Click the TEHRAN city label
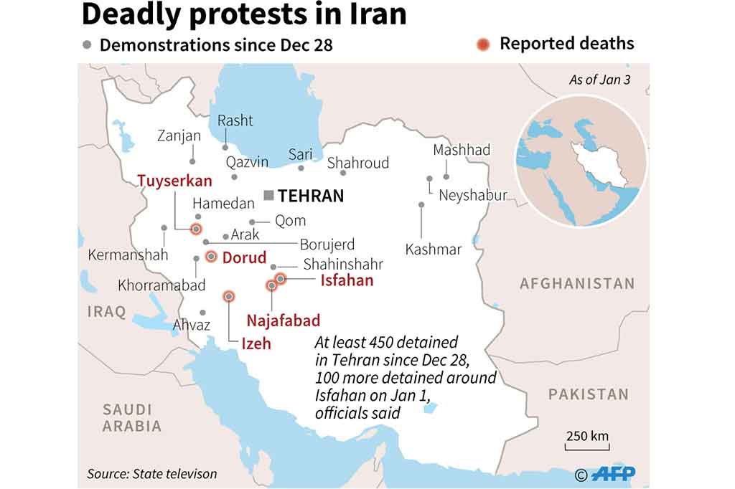(x=311, y=196)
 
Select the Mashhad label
(x=462, y=150)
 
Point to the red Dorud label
(x=244, y=257)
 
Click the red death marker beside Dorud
(x=211, y=257)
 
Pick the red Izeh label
(x=256, y=343)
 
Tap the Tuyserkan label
(x=174, y=180)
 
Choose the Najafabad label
(x=284, y=321)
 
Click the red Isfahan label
(x=347, y=280)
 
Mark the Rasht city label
(x=235, y=120)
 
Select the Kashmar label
(x=434, y=250)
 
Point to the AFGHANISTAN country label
(x=577, y=283)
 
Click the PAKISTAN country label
(x=588, y=394)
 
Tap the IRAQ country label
(x=106, y=311)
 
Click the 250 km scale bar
(x=587, y=447)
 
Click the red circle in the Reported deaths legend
(x=483, y=44)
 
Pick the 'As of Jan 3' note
(x=599, y=80)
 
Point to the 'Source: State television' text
(x=151, y=473)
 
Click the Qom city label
(x=290, y=221)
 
